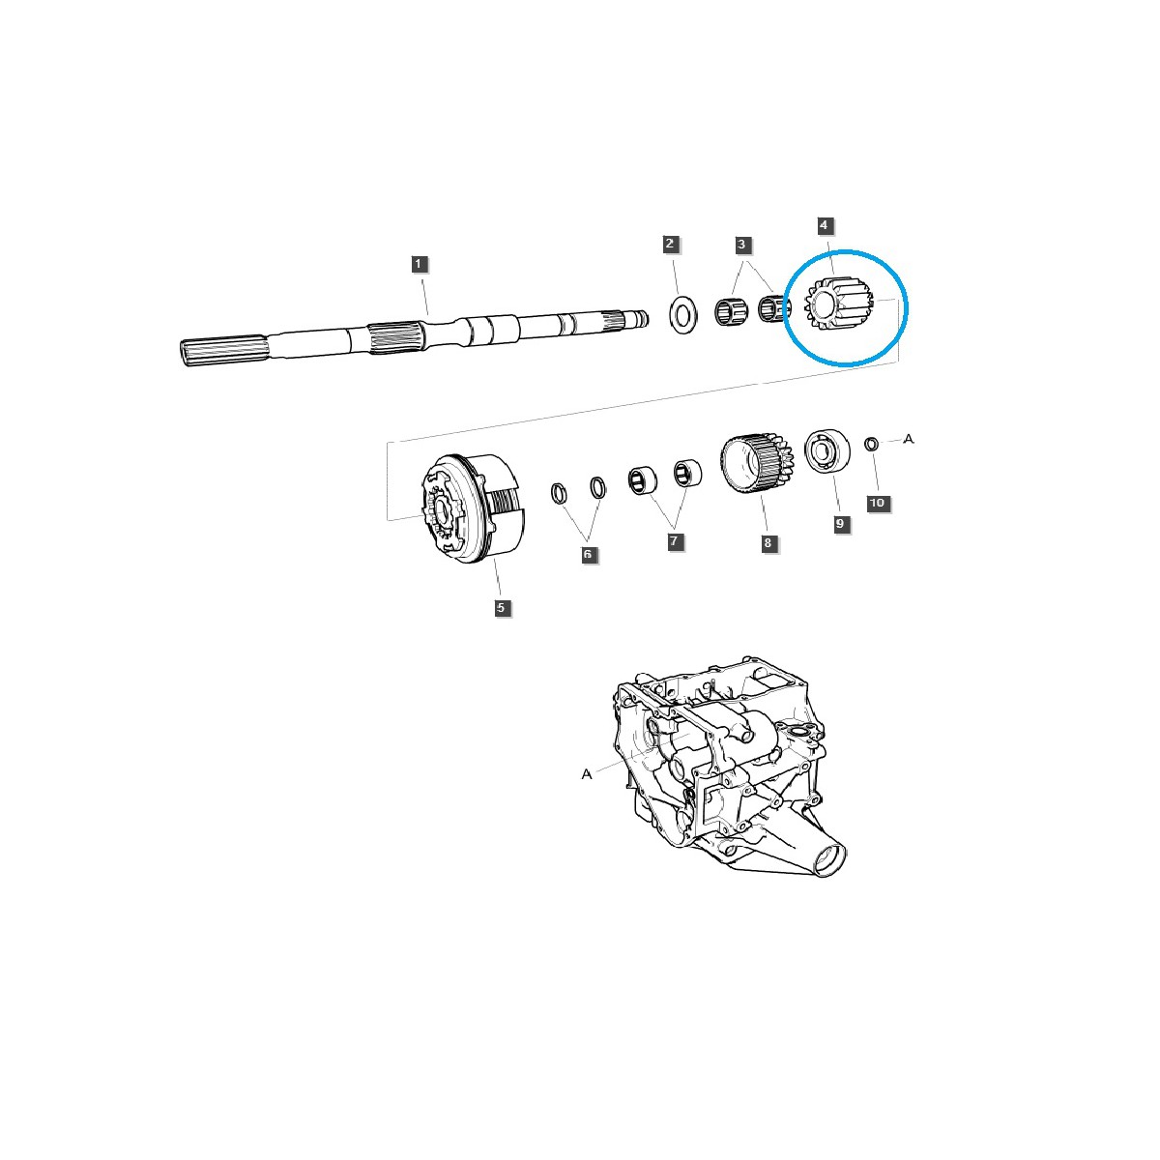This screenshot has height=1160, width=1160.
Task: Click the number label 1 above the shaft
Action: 419,263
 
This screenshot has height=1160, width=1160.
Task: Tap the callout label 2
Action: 671,244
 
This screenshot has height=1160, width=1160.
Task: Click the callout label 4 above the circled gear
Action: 824,225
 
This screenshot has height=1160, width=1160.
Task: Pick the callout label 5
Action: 501,608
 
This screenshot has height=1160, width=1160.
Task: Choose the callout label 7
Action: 674,542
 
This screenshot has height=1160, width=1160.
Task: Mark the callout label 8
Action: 768,543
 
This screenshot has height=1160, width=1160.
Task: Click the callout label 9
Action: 839,523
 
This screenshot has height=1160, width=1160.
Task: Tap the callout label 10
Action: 877,503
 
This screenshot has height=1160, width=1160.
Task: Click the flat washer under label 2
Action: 684,314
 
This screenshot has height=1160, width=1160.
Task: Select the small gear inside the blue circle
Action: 837,306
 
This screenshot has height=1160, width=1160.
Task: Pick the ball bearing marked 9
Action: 826,452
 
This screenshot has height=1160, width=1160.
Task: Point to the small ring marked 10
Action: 870,444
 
